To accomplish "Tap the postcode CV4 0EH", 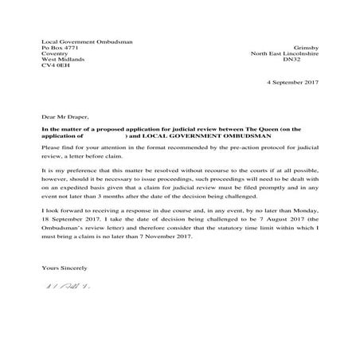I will [55, 68].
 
